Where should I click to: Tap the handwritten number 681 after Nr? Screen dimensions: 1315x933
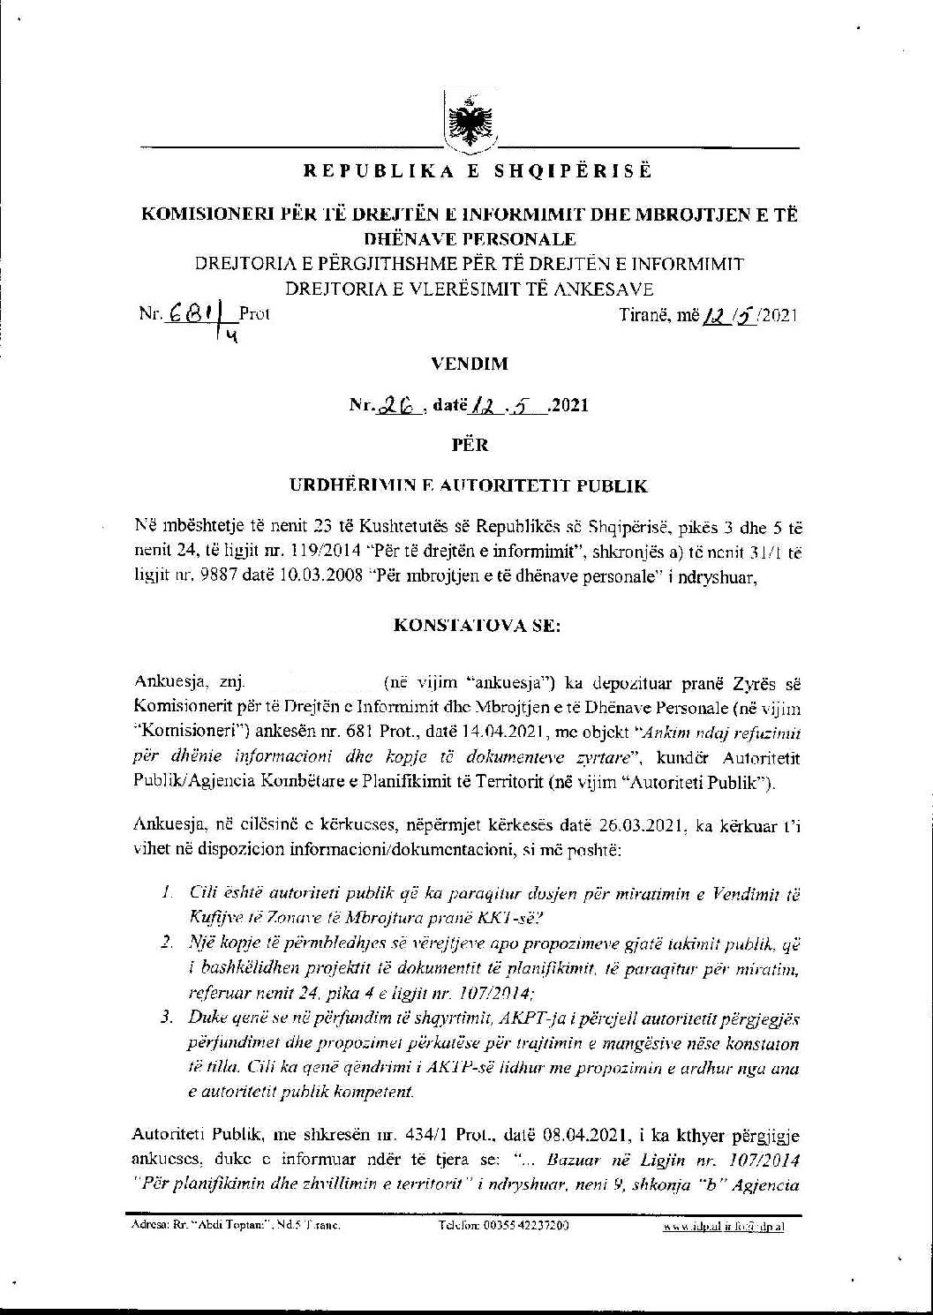point(185,313)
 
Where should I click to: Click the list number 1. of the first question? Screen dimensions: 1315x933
point(166,894)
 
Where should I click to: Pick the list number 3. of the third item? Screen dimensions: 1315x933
point(166,1018)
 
